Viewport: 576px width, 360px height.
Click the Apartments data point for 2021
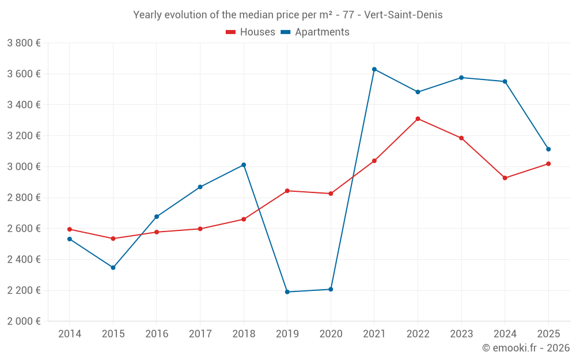(374, 69)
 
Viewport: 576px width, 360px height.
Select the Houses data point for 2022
(418, 119)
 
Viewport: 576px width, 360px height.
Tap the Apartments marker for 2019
(287, 292)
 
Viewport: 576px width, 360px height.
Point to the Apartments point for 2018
(244, 165)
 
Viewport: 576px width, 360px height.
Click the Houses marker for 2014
(69, 229)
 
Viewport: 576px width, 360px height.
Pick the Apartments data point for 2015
(113, 267)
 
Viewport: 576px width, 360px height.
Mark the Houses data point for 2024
(505, 178)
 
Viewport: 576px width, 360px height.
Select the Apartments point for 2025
(548, 149)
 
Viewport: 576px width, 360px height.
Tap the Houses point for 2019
(287, 191)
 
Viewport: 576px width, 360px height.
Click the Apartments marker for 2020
(331, 289)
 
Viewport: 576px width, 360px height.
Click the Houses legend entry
(251, 32)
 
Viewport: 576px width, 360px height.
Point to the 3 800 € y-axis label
(24, 43)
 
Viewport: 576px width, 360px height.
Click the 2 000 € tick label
(24, 321)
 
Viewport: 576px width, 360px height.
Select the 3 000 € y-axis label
(24, 166)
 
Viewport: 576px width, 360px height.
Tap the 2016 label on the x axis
(157, 334)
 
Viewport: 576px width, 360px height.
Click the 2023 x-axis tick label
(461, 334)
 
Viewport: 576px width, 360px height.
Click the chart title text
(288, 15)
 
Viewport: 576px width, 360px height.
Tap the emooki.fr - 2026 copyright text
(526, 348)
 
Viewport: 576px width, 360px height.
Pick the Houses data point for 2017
(200, 229)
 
